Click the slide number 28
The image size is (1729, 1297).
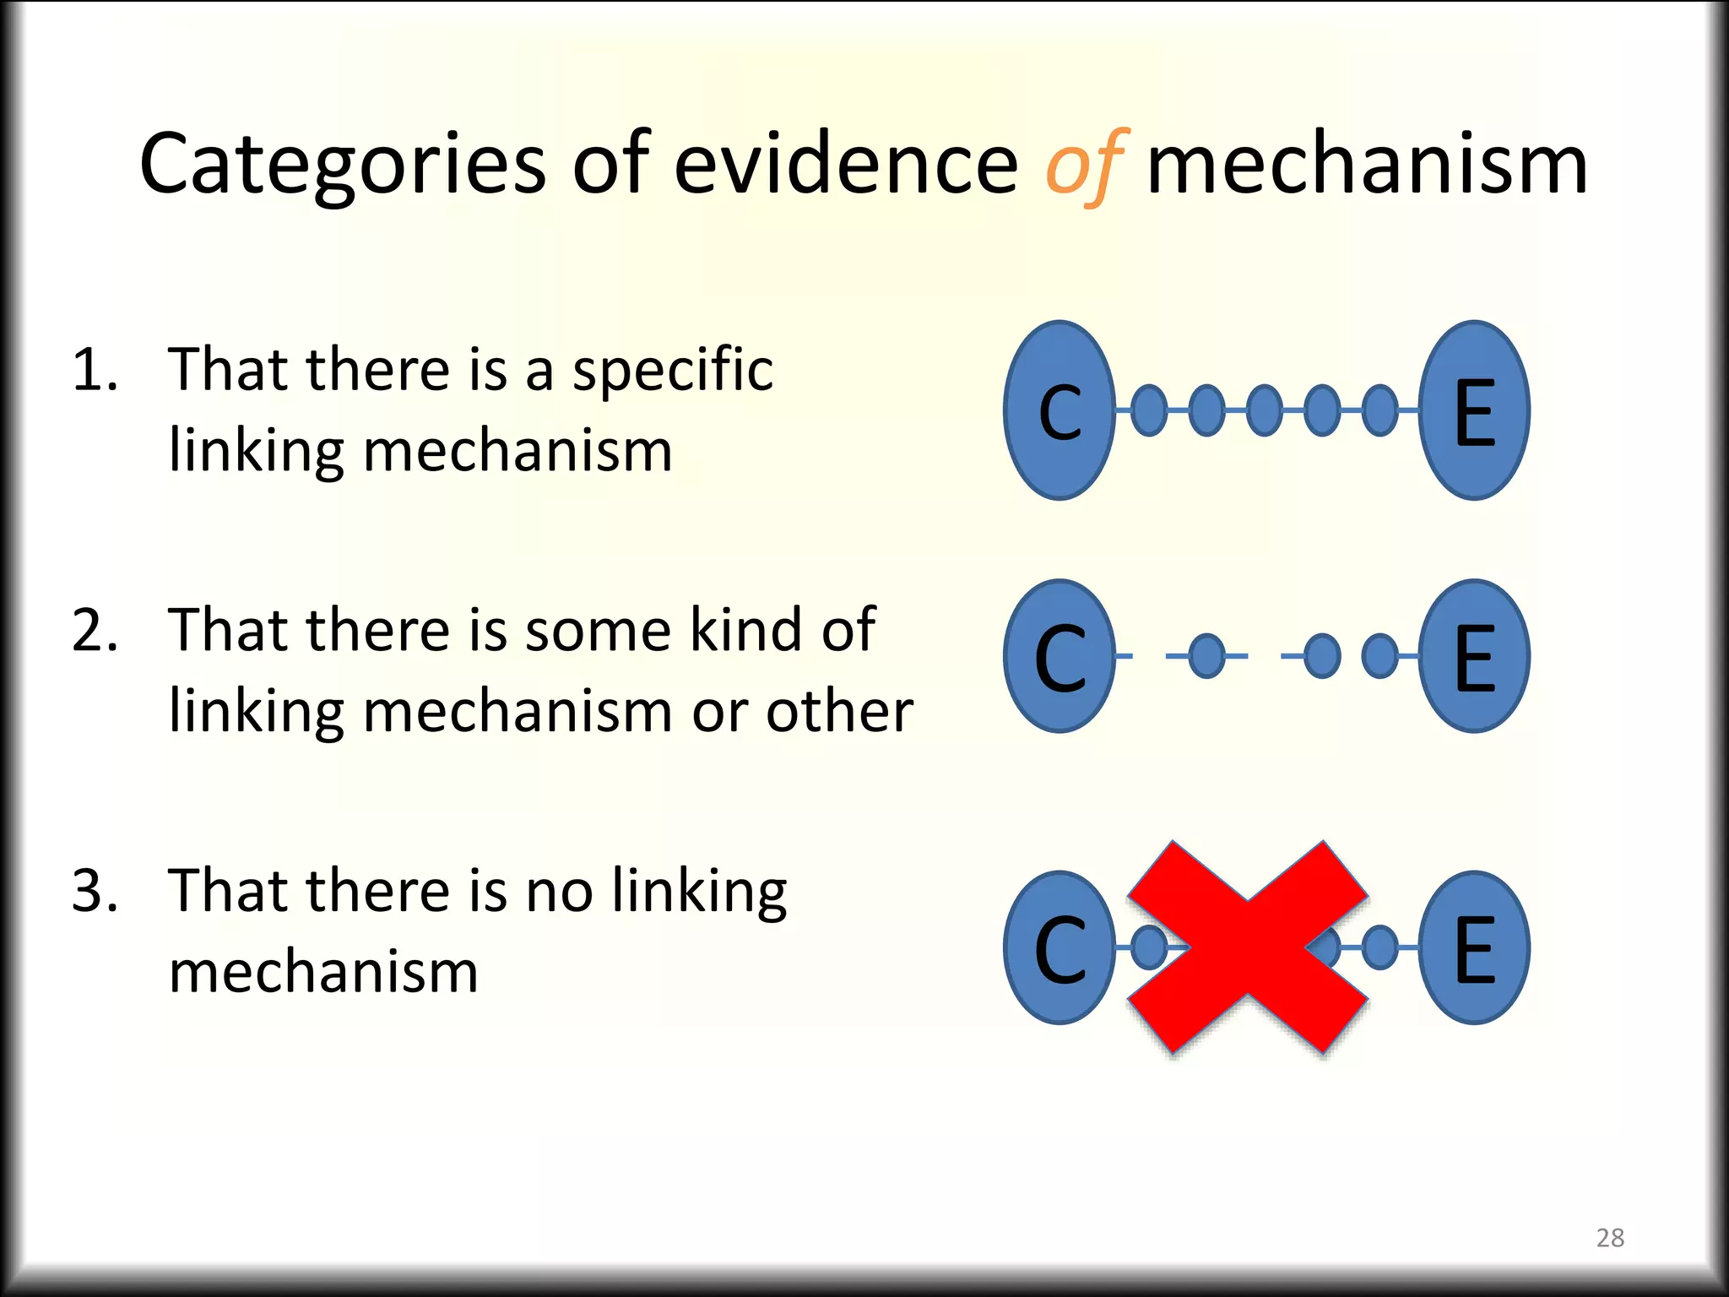pyautogui.click(x=1610, y=1238)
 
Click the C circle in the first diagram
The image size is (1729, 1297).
pyautogui.click(x=1060, y=410)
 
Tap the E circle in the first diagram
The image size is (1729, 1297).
pyautogui.click(x=1474, y=410)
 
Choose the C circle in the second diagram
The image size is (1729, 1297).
pyautogui.click(x=1060, y=656)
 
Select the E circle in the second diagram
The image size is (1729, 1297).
pyautogui.click(x=1474, y=656)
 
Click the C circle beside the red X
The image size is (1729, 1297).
pyautogui.click(x=1060, y=947)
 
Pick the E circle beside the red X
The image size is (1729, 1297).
pyautogui.click(x=1474, y=947)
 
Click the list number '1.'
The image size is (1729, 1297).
pyautogui.click(x=95, y=370)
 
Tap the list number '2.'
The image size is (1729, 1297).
pyautogui.click(x=95, y=630)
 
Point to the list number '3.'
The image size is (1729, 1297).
pyautogui.click(x=95, y=890)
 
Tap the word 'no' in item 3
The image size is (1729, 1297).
pyautogui.click(x=559, y=892)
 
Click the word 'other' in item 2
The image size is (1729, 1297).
pyautogui.click(x=839, y=711)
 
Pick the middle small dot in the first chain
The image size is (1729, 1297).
pyautogui.click(x=1264, y=410)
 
